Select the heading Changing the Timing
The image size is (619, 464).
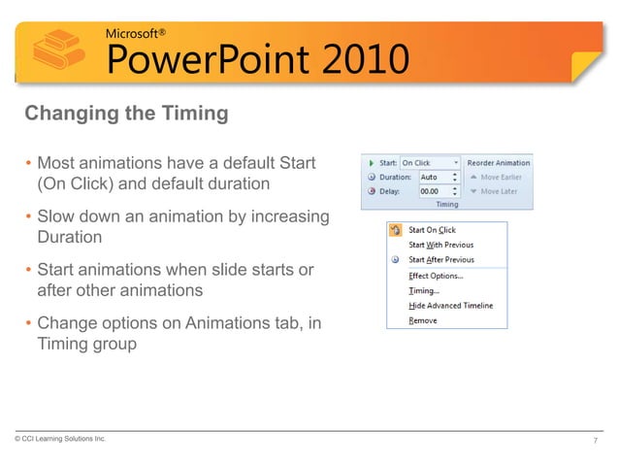point(126,114)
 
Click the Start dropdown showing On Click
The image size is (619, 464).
point(429,163)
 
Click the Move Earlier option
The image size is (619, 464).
point(498,177)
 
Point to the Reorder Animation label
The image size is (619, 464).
point(499,163)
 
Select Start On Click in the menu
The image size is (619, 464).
point(432,230)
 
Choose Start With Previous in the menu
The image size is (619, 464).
point(440,245)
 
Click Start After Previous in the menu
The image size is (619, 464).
point(441,260)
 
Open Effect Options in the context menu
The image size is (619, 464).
point(436,276)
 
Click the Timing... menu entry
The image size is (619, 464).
point(424,290)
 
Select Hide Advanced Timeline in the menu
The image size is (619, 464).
point(450,306)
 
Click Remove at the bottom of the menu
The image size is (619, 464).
point(423,320)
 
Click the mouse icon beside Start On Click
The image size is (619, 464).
point(395,230)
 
